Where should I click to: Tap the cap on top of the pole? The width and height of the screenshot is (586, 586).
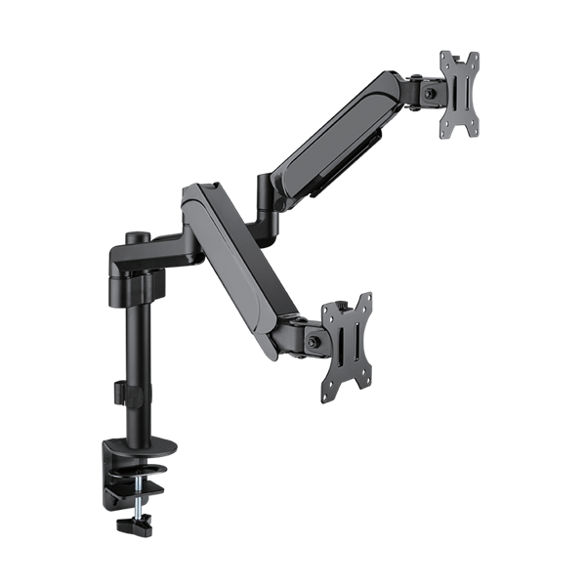point(137,234)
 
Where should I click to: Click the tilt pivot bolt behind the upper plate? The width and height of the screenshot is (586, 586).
point(431,93)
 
